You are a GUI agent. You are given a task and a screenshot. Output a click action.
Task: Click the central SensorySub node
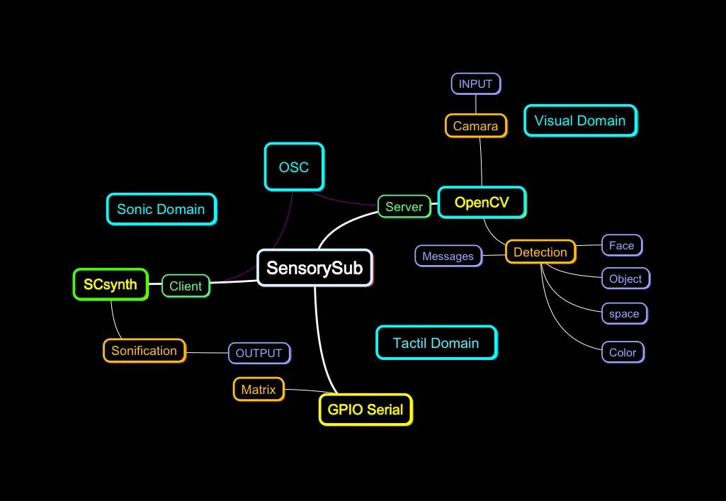(314, 268)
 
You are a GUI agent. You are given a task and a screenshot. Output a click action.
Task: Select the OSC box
(294, 167)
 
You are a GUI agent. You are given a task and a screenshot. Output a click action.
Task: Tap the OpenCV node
(482, 203)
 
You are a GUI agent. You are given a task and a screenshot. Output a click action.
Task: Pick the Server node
(404, 206)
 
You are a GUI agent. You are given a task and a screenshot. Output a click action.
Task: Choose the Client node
(186, 286)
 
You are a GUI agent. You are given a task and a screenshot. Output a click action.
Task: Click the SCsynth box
(110, 284)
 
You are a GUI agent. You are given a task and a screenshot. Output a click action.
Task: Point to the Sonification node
(144, 351)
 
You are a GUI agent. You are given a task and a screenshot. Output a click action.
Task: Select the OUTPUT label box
(259, 353)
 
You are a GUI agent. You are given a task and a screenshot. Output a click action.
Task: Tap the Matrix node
(259, 389)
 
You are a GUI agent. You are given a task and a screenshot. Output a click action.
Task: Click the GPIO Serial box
(365, 409)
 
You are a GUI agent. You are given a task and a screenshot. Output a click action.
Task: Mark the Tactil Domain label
(436, 343)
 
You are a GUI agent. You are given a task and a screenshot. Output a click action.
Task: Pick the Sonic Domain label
(161, 209)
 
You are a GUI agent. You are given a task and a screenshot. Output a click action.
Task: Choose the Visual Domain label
(580, 120)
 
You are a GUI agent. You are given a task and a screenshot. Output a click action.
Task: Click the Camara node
(476, 126)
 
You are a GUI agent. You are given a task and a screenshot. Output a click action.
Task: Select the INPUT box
(476, 84)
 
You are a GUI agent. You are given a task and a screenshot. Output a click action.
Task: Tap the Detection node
(540, 252)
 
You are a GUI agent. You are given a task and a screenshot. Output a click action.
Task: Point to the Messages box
(448, 256)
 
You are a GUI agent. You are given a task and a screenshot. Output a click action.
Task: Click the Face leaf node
(622, 246)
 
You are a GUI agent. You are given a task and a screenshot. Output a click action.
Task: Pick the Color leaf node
(623, 352)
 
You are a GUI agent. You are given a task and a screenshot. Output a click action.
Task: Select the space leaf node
(624, 314)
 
